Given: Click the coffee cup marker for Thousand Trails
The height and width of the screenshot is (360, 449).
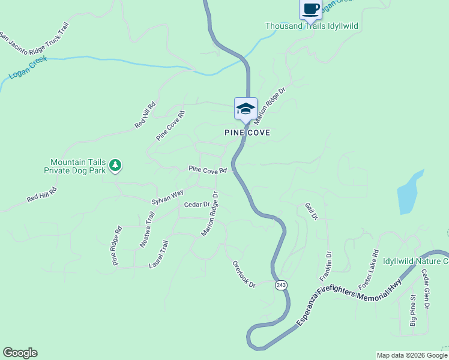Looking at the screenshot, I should (310, 9).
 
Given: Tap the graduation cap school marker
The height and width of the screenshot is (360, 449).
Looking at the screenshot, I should (246, 109).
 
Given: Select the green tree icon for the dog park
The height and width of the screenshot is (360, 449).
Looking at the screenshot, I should (115, 164).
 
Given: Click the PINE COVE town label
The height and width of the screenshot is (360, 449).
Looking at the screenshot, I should (247, 132).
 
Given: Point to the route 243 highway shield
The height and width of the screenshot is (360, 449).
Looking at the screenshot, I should (282, 284).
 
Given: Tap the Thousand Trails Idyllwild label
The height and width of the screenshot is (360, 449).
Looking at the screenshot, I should (316, 26).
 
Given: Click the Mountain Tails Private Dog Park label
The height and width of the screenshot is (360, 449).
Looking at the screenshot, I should (78, 166).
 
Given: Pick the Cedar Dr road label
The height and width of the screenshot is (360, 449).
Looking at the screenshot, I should (196, 205).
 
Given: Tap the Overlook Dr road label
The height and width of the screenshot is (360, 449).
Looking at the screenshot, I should (244, 274).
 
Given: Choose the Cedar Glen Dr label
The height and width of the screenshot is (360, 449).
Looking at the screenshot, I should (425, 289).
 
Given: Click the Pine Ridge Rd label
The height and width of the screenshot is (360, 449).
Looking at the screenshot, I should (116, 245).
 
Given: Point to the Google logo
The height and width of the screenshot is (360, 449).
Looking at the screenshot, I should (20, 353).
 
